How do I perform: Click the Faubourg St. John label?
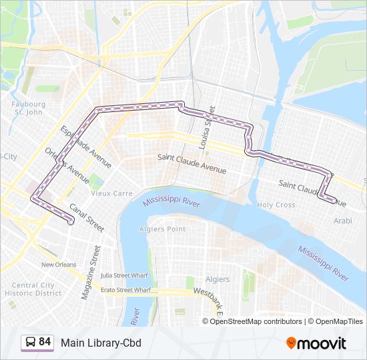click(28, 109)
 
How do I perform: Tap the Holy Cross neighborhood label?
click(276, 205)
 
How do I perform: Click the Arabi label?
click(342, 220)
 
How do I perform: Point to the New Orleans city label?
click(59, 265)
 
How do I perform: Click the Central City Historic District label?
click(33, 289)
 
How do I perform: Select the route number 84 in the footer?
click(45, 342)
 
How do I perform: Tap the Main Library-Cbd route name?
click(101, 343)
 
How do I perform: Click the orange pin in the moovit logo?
click(291, 343)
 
